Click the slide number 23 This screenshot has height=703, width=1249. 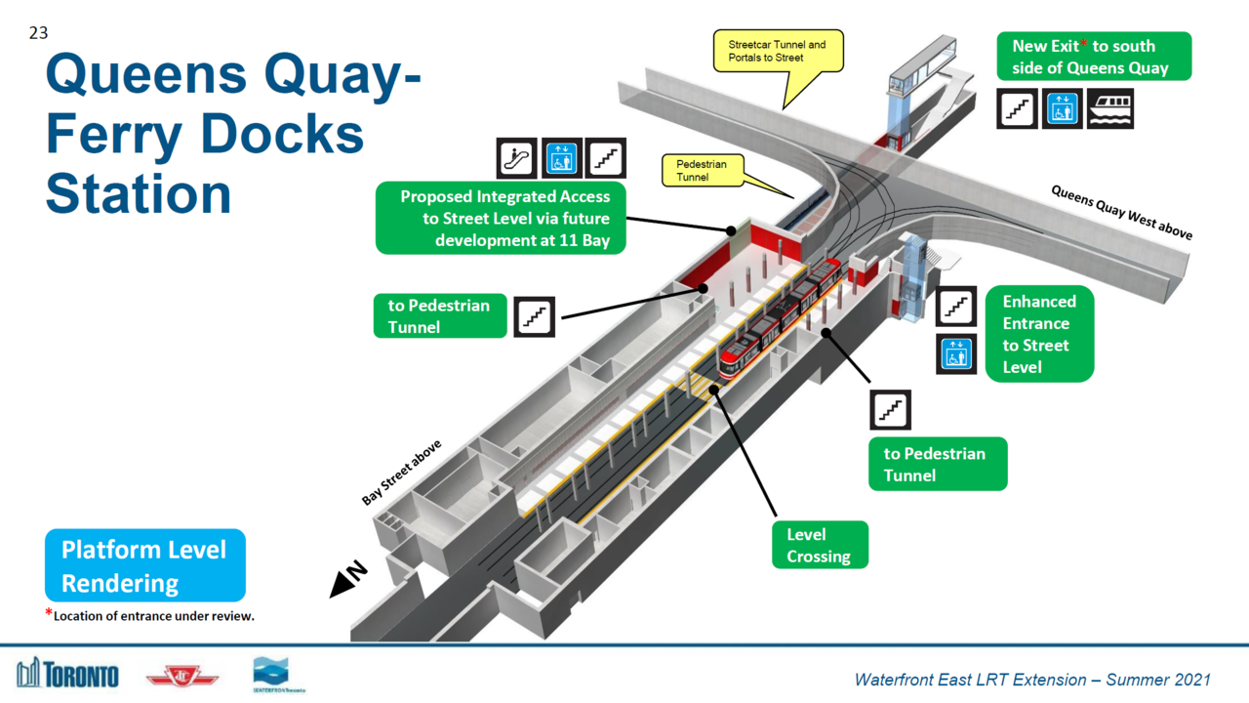[38, 33]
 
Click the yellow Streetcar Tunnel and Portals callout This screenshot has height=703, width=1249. [777, 52]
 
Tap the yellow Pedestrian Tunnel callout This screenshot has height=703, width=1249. [702, 170]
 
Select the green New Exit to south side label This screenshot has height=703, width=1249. [1094, 57]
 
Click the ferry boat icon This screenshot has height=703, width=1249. [1110, 108]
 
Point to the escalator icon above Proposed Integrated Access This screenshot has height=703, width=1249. [516, 158]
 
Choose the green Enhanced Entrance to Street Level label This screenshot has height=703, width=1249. [1039, 334]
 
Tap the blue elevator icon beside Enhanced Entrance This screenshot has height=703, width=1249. [956, 353]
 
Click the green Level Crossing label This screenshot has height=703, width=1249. [819, 545]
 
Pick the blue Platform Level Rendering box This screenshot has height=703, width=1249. [144, 565]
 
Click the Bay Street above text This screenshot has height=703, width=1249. [401, 472]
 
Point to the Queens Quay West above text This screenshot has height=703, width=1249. [1121, 211]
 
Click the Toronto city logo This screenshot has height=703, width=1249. [67, 673]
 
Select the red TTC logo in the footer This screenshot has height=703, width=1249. [182, 676]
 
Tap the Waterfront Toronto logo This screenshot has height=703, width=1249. [273, 674]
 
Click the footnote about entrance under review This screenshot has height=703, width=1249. [150, 615]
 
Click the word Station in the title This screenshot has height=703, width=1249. [139, 192]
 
